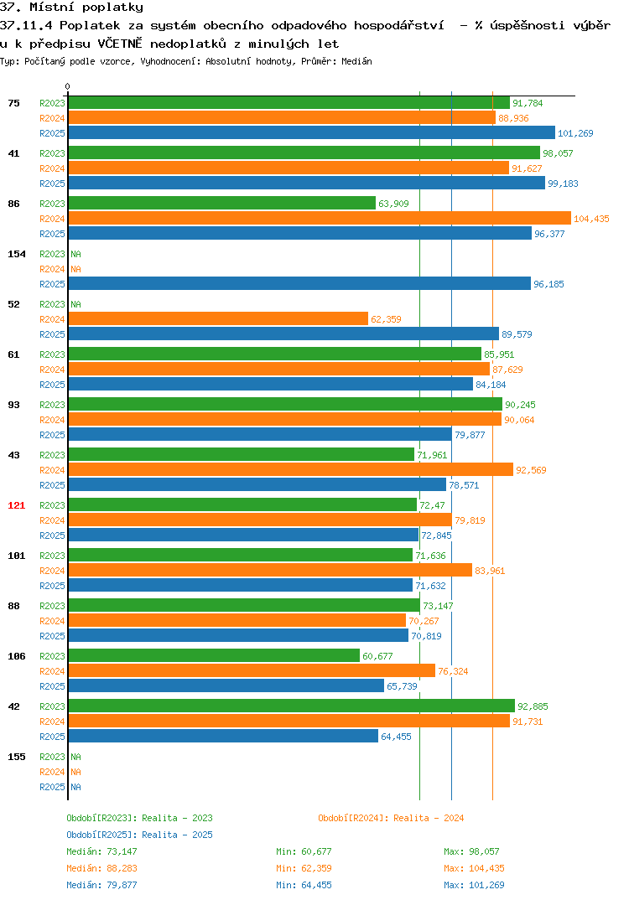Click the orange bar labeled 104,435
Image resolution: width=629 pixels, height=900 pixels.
320,218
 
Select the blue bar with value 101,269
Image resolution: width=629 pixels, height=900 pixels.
312,132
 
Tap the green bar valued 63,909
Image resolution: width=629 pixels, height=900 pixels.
222,203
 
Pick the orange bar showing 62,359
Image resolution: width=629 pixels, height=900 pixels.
218,318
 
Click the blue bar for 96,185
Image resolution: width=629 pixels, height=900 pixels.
300,283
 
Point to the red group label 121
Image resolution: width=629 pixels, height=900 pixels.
17,505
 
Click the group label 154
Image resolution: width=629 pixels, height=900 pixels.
17,254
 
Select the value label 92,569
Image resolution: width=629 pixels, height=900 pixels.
531,470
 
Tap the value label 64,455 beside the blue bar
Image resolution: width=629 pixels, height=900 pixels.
396,737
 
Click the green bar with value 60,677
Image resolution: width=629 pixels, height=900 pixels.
214,655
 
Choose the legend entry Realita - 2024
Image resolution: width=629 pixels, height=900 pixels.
391,818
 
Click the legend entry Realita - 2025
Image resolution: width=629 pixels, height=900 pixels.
139,835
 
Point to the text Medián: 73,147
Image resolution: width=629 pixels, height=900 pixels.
101,851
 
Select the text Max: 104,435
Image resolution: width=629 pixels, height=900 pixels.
474,868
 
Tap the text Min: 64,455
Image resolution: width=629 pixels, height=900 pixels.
304,885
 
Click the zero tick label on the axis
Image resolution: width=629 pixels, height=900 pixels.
68,86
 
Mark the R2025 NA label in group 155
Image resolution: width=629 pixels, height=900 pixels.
75,787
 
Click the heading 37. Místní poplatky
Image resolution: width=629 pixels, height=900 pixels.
71,8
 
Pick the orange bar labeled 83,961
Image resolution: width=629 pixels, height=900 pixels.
271,570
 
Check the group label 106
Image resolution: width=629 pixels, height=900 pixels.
17,656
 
